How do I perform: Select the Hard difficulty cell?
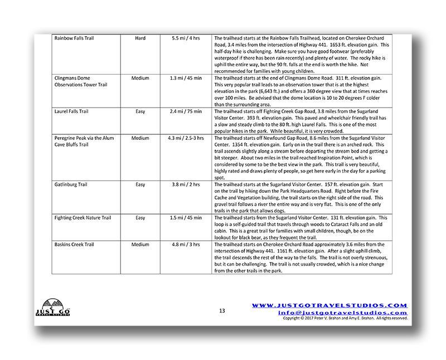pyautogui.click(x=140, y=38)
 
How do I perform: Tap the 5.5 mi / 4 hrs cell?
pyautogui.click(x=183, y=38)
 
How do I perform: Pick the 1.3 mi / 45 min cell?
pyautogui.click(x=183, y=78)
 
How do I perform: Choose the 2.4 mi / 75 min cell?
pyautogui.click(x=183, y=111)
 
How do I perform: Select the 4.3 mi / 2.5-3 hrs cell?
pyautogui.click(x=183, y=137)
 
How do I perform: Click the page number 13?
pyautogui.click(x=221, y=310)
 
